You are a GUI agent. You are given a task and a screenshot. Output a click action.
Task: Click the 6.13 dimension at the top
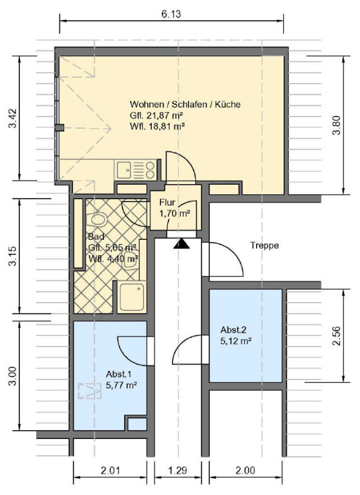pos(171,14)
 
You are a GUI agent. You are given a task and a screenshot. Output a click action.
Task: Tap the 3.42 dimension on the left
pos(13,118)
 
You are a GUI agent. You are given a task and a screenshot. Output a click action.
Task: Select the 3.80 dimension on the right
pos(337,125)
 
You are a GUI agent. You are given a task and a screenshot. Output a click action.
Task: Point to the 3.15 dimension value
pos(13,256)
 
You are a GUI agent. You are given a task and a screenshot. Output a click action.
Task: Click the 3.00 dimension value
pos(13,376)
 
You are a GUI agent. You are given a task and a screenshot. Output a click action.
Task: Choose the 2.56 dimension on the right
pos(337,336)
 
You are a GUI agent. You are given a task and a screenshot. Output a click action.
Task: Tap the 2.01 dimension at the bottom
pos(110,470)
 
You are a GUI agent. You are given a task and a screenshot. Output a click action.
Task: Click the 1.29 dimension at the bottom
pos(178,470)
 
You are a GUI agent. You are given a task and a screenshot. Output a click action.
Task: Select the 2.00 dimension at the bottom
pos(245,470)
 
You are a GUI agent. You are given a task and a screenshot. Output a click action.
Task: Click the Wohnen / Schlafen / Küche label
pos(185,104)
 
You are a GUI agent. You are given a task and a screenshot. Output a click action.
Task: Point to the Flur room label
pos(167,202)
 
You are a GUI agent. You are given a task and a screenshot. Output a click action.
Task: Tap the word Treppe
pos(265,245)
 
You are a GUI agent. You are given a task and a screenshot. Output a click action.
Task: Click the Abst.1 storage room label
pos(119,375)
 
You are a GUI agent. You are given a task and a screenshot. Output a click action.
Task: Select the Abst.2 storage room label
pos(234,330)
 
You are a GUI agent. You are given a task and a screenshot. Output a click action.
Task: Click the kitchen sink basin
pos(124,170)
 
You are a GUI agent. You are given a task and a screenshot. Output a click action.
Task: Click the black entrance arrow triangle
pos(181,244)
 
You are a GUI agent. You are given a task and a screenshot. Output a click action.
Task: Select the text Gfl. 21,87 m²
pos(157,116)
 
